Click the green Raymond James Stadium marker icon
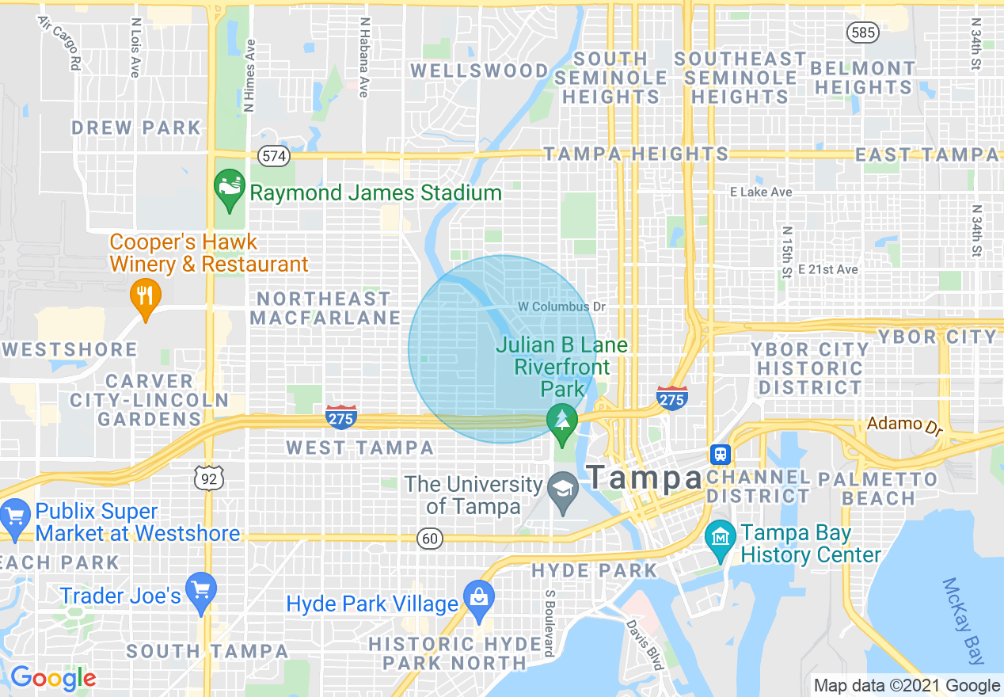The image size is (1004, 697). (x=230, y=188)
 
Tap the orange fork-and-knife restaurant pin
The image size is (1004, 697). (x=145, y=296)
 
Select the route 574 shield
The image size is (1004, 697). (x=274, y=156)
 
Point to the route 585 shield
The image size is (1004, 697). (x=861, y=32)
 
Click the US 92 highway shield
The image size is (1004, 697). (x=210, y=477)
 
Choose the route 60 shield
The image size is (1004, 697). (x=430, y=539)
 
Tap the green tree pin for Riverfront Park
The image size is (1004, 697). (x=562, y=419)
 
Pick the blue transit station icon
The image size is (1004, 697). (x=720, y=455)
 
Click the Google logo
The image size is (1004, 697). (x=53, y=678)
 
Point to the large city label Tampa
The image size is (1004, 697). (x=645, y=478)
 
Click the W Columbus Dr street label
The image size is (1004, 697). (x=561, y=307)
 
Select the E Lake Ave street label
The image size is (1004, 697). (x=761, y=192)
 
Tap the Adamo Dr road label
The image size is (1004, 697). (x=905, y=425)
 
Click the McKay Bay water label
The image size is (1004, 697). (x=963, y=621)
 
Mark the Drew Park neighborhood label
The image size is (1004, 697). (x=136, y=128)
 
